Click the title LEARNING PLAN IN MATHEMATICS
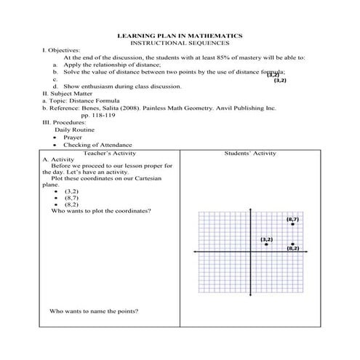pyautogui.click(x=180, y=36)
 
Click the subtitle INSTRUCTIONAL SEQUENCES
pyautogui.click(x=180, y=43)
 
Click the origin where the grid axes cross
pyautogui.click(x=250, y=252)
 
